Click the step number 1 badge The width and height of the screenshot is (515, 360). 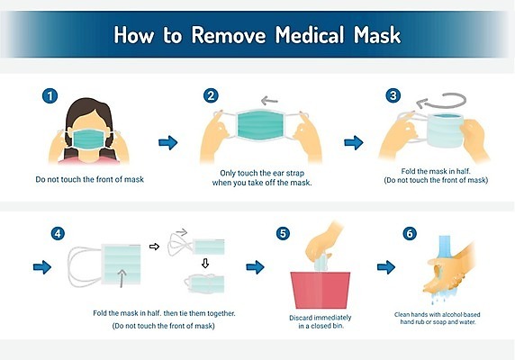[50, 96]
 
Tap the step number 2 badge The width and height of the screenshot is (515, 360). [211, 95]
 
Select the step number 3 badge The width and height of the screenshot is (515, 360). [393, 95]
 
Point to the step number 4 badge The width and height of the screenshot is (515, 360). [58, 234]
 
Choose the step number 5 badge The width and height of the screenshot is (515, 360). [283, 234]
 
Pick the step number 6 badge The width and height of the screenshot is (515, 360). [410, 234]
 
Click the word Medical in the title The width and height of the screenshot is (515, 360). [310, 35]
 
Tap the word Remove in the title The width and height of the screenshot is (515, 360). [229, 35]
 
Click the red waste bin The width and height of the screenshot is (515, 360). [321, 290]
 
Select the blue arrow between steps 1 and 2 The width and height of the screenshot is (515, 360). [168, 143]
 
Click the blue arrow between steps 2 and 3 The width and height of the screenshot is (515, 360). [354, 143]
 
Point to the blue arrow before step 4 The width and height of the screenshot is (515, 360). [42, 267]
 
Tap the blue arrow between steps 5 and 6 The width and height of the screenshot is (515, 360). [386, 267]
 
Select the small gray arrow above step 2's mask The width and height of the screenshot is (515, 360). [269, 101]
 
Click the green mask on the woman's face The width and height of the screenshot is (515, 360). [88, 139]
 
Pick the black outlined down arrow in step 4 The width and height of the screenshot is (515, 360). [205, 263]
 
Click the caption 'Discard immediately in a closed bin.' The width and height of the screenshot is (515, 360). [321, 321]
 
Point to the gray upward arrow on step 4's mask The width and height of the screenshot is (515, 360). [122, 279]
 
